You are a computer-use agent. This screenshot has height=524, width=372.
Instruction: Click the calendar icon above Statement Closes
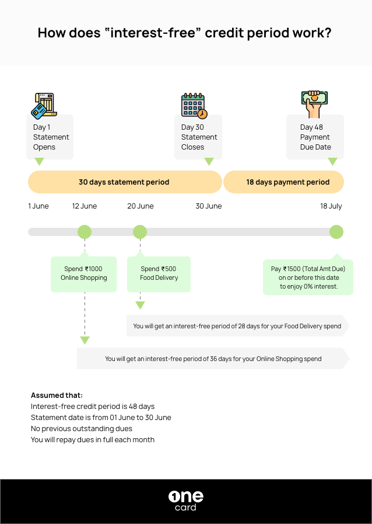pos(194,105)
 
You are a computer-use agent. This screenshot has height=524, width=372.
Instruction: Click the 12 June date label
pos(85,206)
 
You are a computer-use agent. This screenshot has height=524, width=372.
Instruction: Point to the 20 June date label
pos(141,206)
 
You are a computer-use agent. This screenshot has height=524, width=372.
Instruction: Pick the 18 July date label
pos(331,206)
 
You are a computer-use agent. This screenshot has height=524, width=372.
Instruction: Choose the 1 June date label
pos(38,206)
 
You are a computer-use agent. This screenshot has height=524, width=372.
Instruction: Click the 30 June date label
pos(208,206)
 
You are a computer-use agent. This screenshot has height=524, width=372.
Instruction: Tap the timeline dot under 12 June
pos(85,232)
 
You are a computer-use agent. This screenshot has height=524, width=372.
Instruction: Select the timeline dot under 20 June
pos(140,232)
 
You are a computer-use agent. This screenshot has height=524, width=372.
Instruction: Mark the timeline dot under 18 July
pos(336,232)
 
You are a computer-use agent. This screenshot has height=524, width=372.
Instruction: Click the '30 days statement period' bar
pos(124,182)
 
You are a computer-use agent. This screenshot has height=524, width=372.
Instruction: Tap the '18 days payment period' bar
pos(284,182)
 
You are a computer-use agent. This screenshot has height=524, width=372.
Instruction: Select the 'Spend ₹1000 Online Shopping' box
pos(84,273)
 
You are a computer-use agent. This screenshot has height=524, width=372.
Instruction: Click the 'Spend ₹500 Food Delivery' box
pos(159,273)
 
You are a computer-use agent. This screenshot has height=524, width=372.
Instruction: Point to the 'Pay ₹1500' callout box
pos(308,277)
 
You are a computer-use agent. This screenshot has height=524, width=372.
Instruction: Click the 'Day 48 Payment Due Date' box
pos(315,137)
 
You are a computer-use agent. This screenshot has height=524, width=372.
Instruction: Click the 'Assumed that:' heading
pos(57,395)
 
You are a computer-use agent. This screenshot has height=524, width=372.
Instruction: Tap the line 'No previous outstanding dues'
pos(82,428)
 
